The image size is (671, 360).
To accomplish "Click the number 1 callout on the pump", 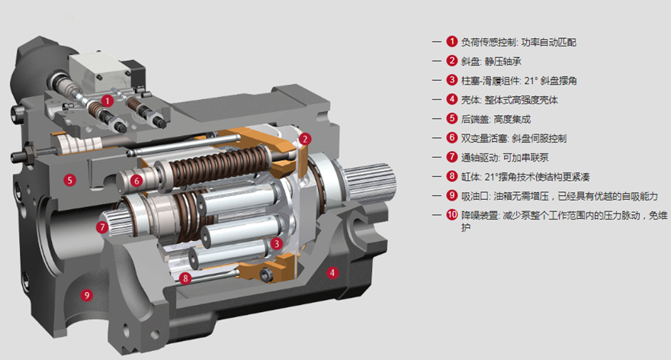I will pos(108,99).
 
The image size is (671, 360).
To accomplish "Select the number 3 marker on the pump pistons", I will pos(278,243).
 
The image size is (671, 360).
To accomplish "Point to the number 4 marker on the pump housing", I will pos(332,272).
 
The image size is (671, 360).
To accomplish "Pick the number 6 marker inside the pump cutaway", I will pos(136,181).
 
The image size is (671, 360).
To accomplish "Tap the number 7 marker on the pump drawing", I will pos(102,227).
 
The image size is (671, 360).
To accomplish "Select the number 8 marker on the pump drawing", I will pos(185,278).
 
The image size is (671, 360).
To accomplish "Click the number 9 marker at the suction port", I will pos(87,295).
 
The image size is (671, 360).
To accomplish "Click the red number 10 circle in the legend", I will pos(452,216).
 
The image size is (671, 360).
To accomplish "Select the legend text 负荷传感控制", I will pos(487,42).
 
